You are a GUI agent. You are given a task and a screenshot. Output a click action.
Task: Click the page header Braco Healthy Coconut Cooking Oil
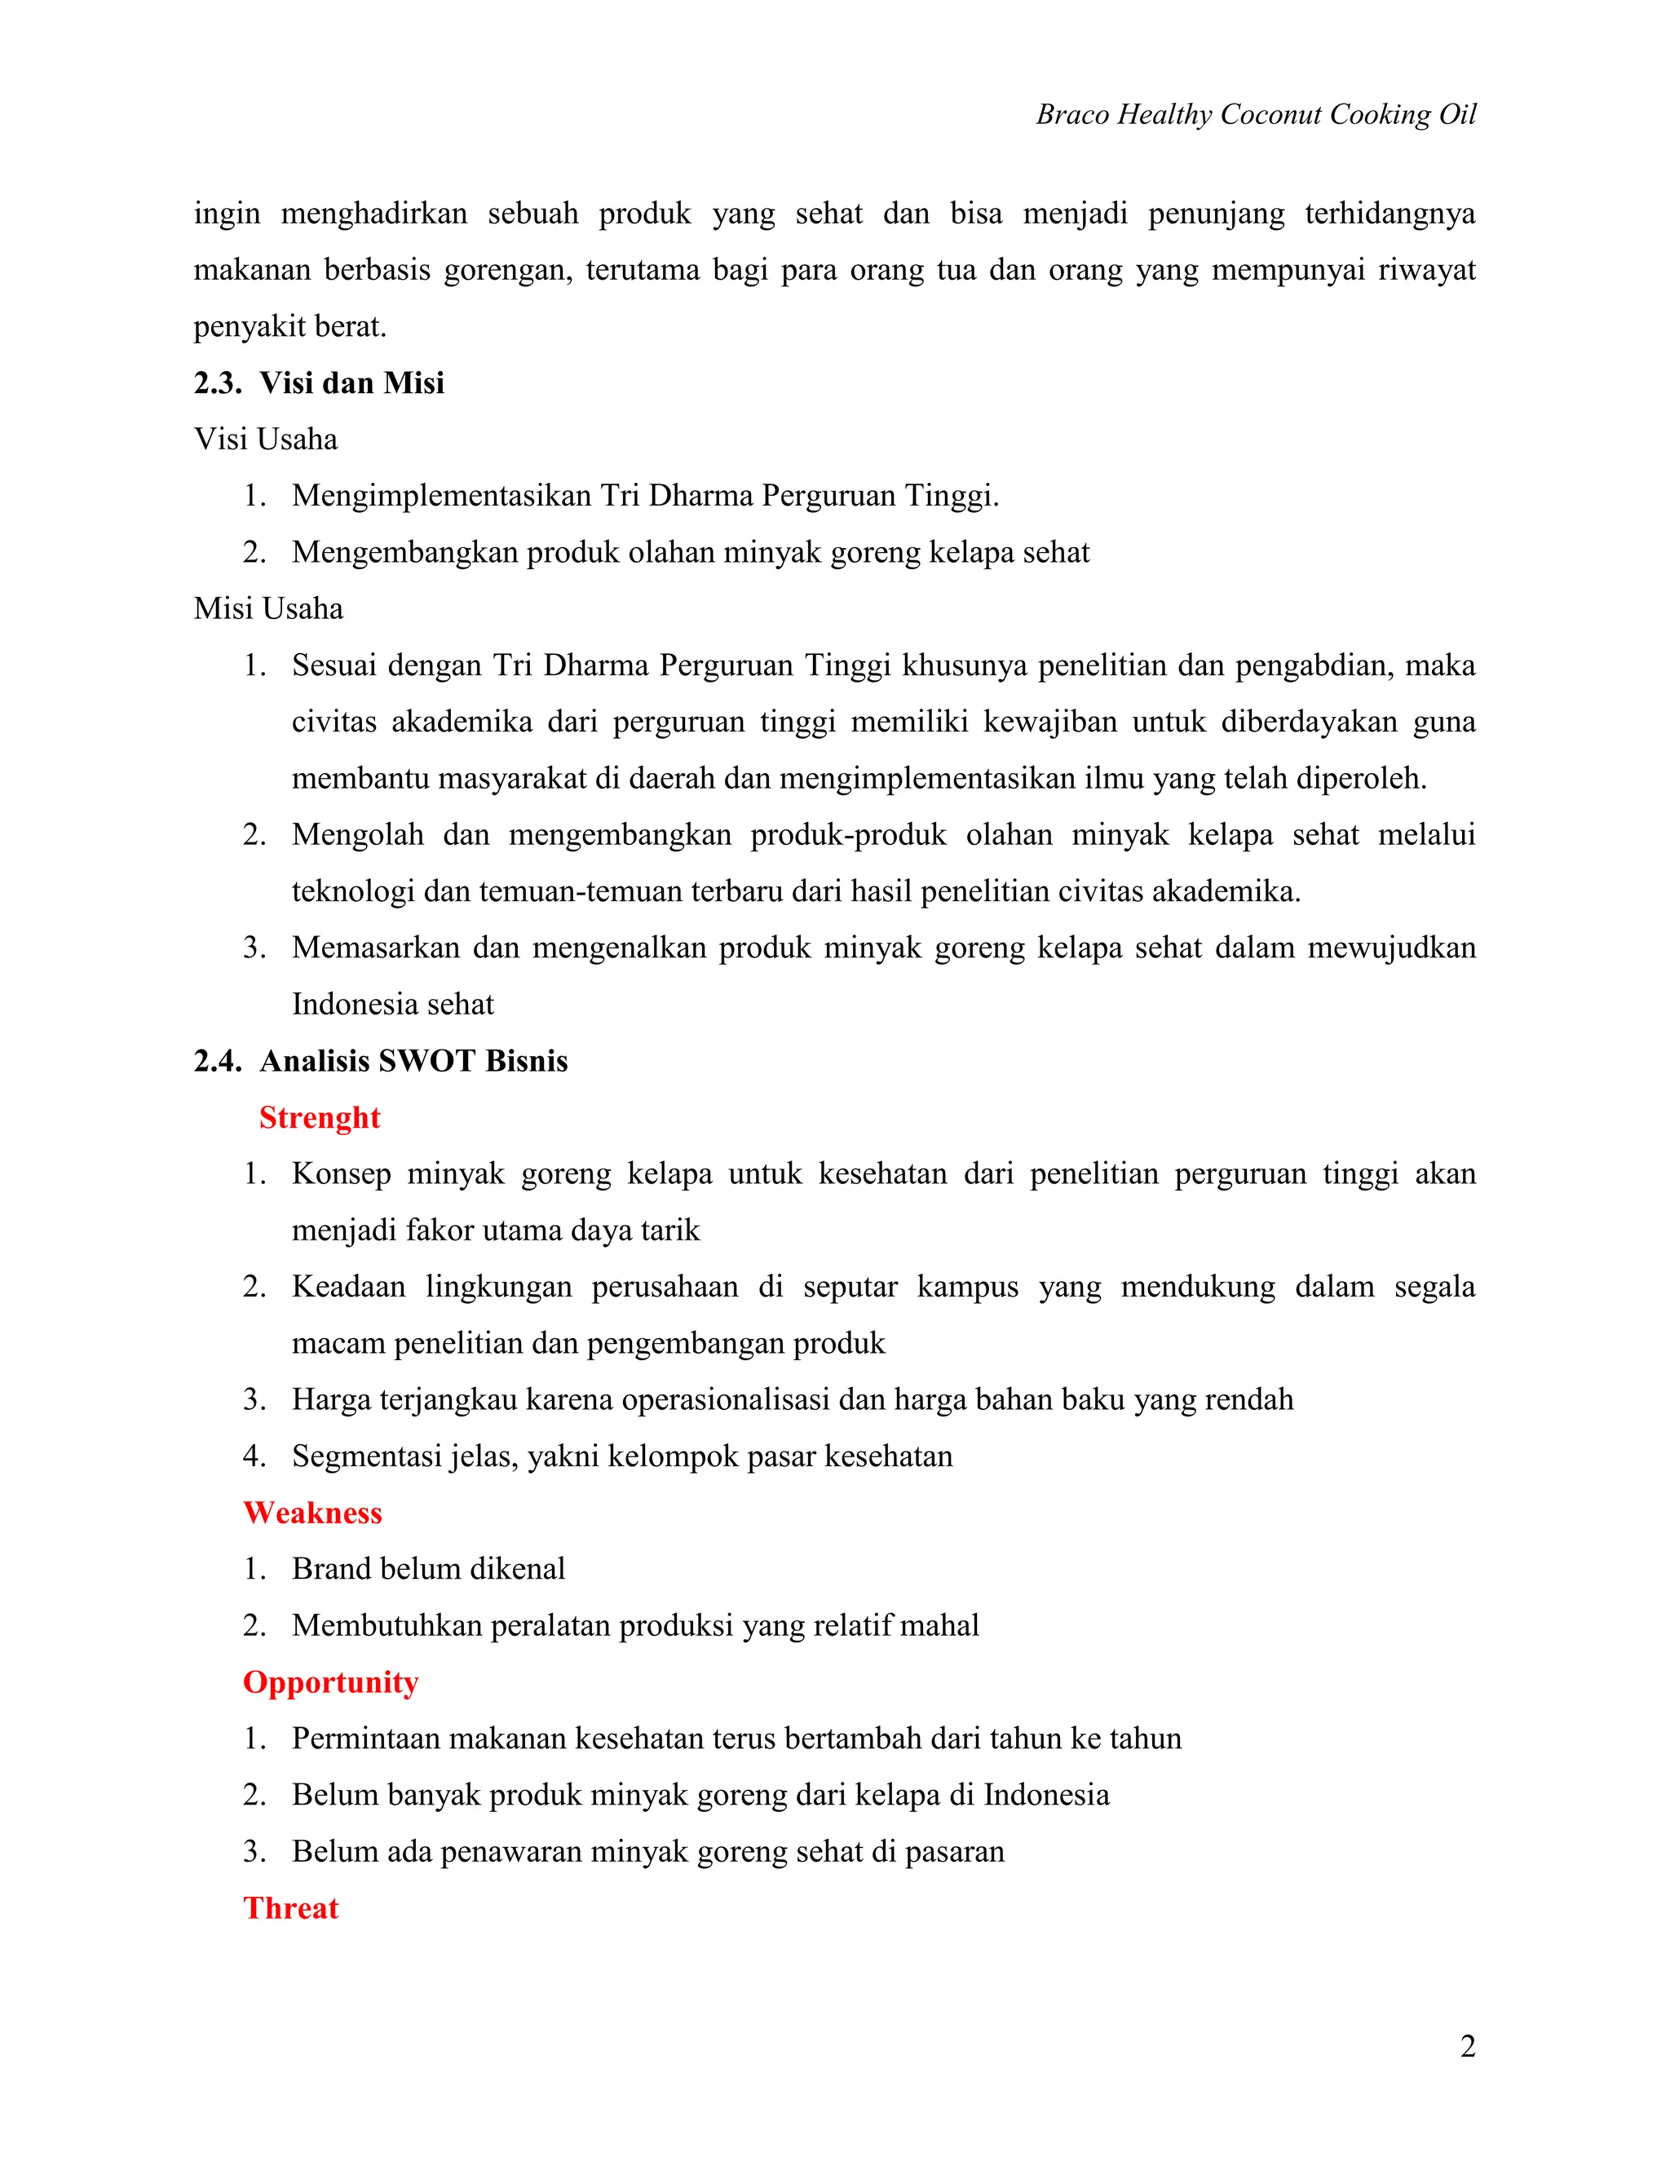pos(1254,115)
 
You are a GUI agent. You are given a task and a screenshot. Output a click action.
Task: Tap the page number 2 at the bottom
pos(1467,2045)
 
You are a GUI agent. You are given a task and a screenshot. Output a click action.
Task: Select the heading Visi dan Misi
pos(351,383)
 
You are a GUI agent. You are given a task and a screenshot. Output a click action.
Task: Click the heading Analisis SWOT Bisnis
pos(413,1061)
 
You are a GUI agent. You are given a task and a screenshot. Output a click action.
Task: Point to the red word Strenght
pos(319,1117)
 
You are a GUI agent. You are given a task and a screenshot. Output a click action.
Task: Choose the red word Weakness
pos(311,1512)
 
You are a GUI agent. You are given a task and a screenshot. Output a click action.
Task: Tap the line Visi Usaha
pos(265,440)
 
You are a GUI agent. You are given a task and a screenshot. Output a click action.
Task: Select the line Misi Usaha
pos(268,608)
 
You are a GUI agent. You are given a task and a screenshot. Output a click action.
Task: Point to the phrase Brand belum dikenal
pos(427,1568)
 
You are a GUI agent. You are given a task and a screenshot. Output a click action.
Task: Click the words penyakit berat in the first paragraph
pos(289,326)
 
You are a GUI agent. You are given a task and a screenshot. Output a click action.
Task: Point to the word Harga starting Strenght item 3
pos(330,1399)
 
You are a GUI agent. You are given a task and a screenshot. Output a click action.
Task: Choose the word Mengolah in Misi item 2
pos(357,834)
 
